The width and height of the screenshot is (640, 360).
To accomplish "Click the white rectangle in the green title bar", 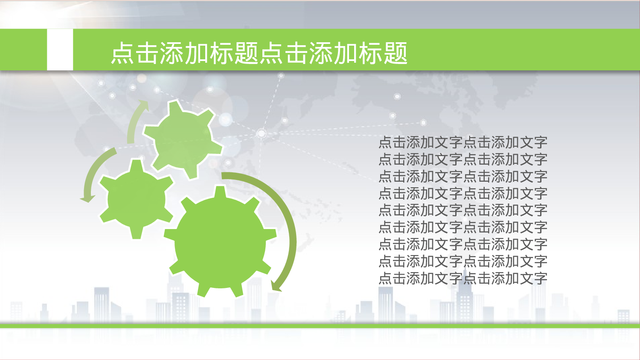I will [60, 49].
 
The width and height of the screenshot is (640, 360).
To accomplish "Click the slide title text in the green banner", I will [259, 53].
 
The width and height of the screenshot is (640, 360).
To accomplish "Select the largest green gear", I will [220, 242].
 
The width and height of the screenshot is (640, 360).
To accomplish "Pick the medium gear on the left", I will [136, 199].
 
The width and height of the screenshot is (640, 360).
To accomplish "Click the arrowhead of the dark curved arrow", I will [276, 286].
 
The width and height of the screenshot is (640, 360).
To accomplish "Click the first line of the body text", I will [463, 142].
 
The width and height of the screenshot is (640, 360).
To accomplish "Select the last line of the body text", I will [463, 279].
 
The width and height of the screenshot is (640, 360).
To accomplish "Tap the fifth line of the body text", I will [463, 210].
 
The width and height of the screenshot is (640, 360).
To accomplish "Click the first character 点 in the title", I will [123, 53].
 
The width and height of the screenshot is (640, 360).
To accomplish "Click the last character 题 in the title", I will [396, 53].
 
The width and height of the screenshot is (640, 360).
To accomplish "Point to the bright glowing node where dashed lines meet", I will [262, 134].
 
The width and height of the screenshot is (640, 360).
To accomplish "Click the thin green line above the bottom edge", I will [320, 326].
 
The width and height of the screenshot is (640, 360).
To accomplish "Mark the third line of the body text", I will [463, 176].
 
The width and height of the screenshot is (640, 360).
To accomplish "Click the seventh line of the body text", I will [463, 244].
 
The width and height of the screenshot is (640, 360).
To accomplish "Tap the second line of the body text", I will [463, 160].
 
